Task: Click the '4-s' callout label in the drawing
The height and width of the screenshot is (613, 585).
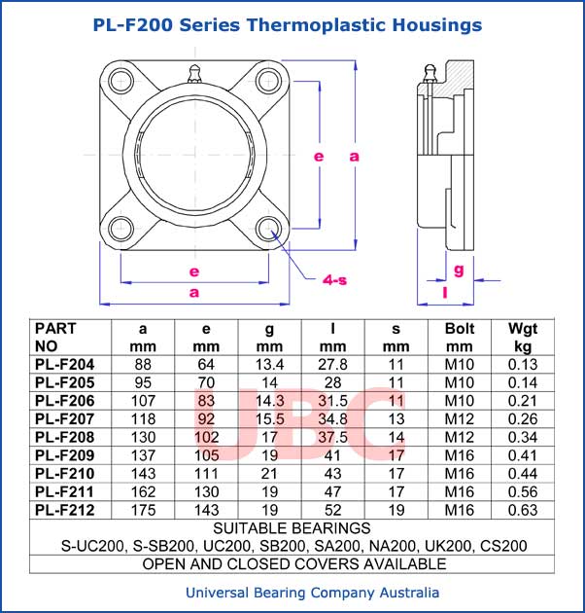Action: coord(334,280)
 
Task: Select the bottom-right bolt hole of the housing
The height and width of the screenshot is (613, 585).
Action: coord(269,230)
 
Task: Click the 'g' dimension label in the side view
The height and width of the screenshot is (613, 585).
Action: coord(459,268)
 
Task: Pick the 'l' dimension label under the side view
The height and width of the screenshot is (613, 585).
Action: coord(444,291)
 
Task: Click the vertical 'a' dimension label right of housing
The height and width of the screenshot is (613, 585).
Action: coord(354,156)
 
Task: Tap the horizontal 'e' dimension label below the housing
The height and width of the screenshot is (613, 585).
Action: coord(194,270)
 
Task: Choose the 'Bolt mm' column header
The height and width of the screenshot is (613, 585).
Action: coord(459,337)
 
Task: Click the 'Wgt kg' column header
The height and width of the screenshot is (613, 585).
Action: coord(523,337)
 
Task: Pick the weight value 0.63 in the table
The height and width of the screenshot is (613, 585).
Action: coord(523,510)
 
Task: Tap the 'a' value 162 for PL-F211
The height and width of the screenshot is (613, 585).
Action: coord(143,491)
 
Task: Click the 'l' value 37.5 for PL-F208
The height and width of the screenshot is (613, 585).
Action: coord(332,437)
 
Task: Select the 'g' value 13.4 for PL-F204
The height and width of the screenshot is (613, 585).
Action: coord(269,364)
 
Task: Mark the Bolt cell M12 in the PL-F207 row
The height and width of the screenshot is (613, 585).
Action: coord(459,418)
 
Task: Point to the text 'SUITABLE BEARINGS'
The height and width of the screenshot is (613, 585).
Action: coord(292,528)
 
